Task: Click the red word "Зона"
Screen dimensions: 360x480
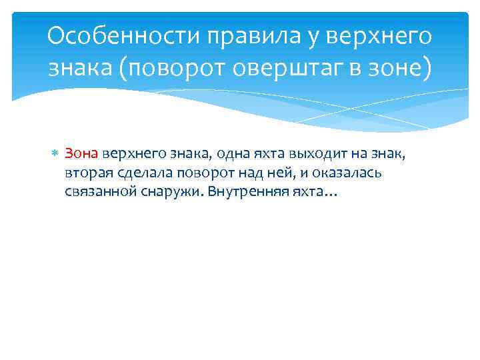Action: (x=82, y=155)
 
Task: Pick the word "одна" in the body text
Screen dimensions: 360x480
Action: (x=230, y=155)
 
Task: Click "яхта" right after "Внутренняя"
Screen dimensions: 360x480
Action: (x=309, y=192)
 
